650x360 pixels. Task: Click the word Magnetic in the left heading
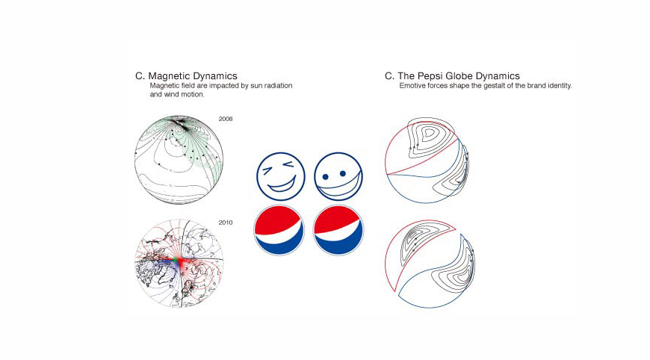tap(171, 76)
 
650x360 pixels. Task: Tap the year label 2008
tap(226, 118)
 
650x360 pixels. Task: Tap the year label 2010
tap(226, 223)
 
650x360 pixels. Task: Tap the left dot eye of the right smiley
tap(326, 178)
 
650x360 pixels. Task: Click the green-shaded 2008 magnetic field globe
tap(179, 160)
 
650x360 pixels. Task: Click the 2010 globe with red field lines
tap(179, 263)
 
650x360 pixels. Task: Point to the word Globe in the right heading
tap(471, 76)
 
